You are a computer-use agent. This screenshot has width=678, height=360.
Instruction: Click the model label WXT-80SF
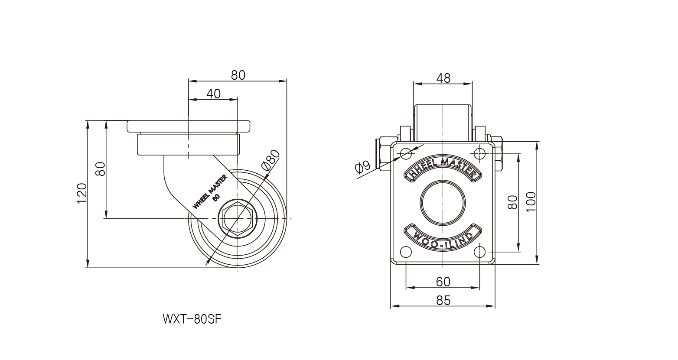[x=192, y=319]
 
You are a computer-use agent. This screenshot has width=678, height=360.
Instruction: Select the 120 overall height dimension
[x=82, y=194]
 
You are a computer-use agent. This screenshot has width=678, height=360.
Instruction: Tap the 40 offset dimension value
[x=213, y=94]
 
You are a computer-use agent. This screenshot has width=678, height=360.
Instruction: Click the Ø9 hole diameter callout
[x=362, y=167]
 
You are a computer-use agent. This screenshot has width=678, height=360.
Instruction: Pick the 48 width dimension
[x=443, y=78]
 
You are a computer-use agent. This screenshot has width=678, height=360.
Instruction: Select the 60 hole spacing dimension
[x=443, y=282]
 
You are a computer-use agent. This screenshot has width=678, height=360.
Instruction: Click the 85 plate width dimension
[x=443, y=300]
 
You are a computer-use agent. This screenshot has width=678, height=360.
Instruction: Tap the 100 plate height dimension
[x=531, y=202]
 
